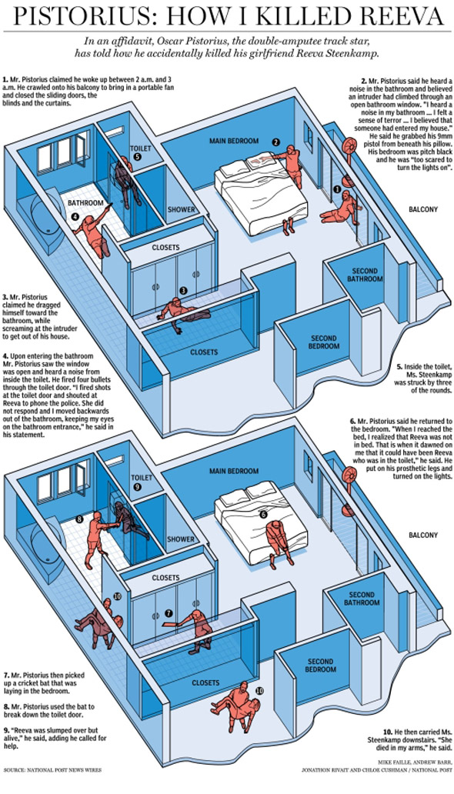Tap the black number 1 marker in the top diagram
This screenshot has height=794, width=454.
336,189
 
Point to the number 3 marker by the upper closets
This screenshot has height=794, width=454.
183,290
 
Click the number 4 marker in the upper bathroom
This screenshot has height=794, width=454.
75,216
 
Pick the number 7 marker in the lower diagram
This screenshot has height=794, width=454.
169,612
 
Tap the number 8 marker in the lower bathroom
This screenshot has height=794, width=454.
79,519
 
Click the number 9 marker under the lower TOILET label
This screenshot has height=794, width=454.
137,486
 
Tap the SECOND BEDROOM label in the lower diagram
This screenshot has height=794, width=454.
321,666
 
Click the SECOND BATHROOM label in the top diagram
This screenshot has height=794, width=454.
362,275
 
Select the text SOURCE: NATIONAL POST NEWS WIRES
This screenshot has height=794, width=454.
52,784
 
